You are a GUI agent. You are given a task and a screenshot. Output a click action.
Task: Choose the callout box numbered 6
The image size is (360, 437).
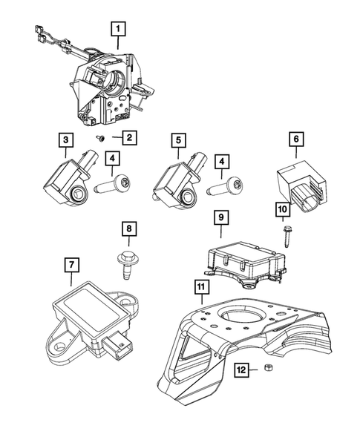(295, 139)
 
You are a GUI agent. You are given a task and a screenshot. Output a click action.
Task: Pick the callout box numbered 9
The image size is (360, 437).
(220, 217)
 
